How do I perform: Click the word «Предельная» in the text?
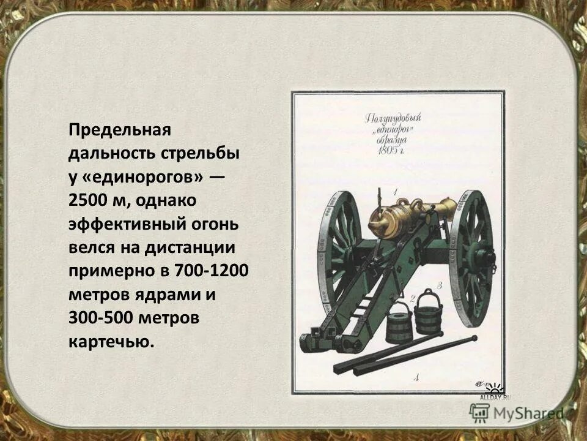tap(117, 130)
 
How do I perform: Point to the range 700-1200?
tap(208, 271)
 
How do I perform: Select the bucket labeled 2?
tap(399, 322)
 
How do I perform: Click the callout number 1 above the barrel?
tap(396, 192)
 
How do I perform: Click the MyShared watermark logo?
tap(517, 413)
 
